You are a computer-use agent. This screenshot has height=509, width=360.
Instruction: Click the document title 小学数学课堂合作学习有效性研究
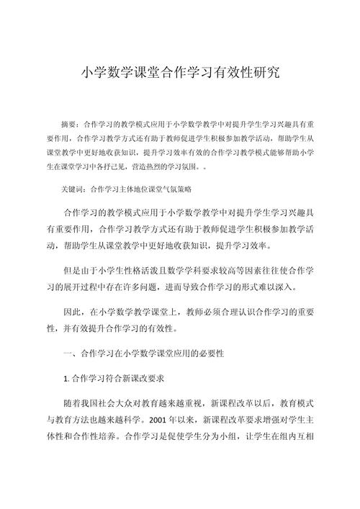pyautogui.click(x=179, y=73)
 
